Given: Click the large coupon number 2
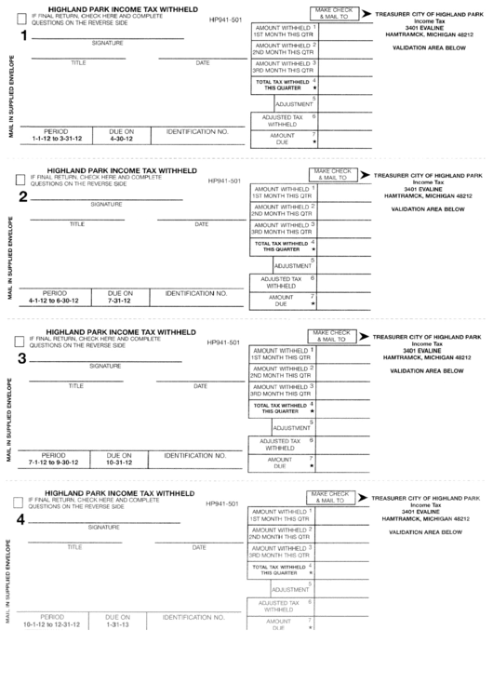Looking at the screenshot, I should click(x=22, y=195).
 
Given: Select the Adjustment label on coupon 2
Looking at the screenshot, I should click(x=293, y=266).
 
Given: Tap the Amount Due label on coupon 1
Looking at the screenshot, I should click(x=282, y=139).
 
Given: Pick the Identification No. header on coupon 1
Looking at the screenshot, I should click(x=197, y=132).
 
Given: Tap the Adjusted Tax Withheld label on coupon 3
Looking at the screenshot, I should click(x=281, y=444).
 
